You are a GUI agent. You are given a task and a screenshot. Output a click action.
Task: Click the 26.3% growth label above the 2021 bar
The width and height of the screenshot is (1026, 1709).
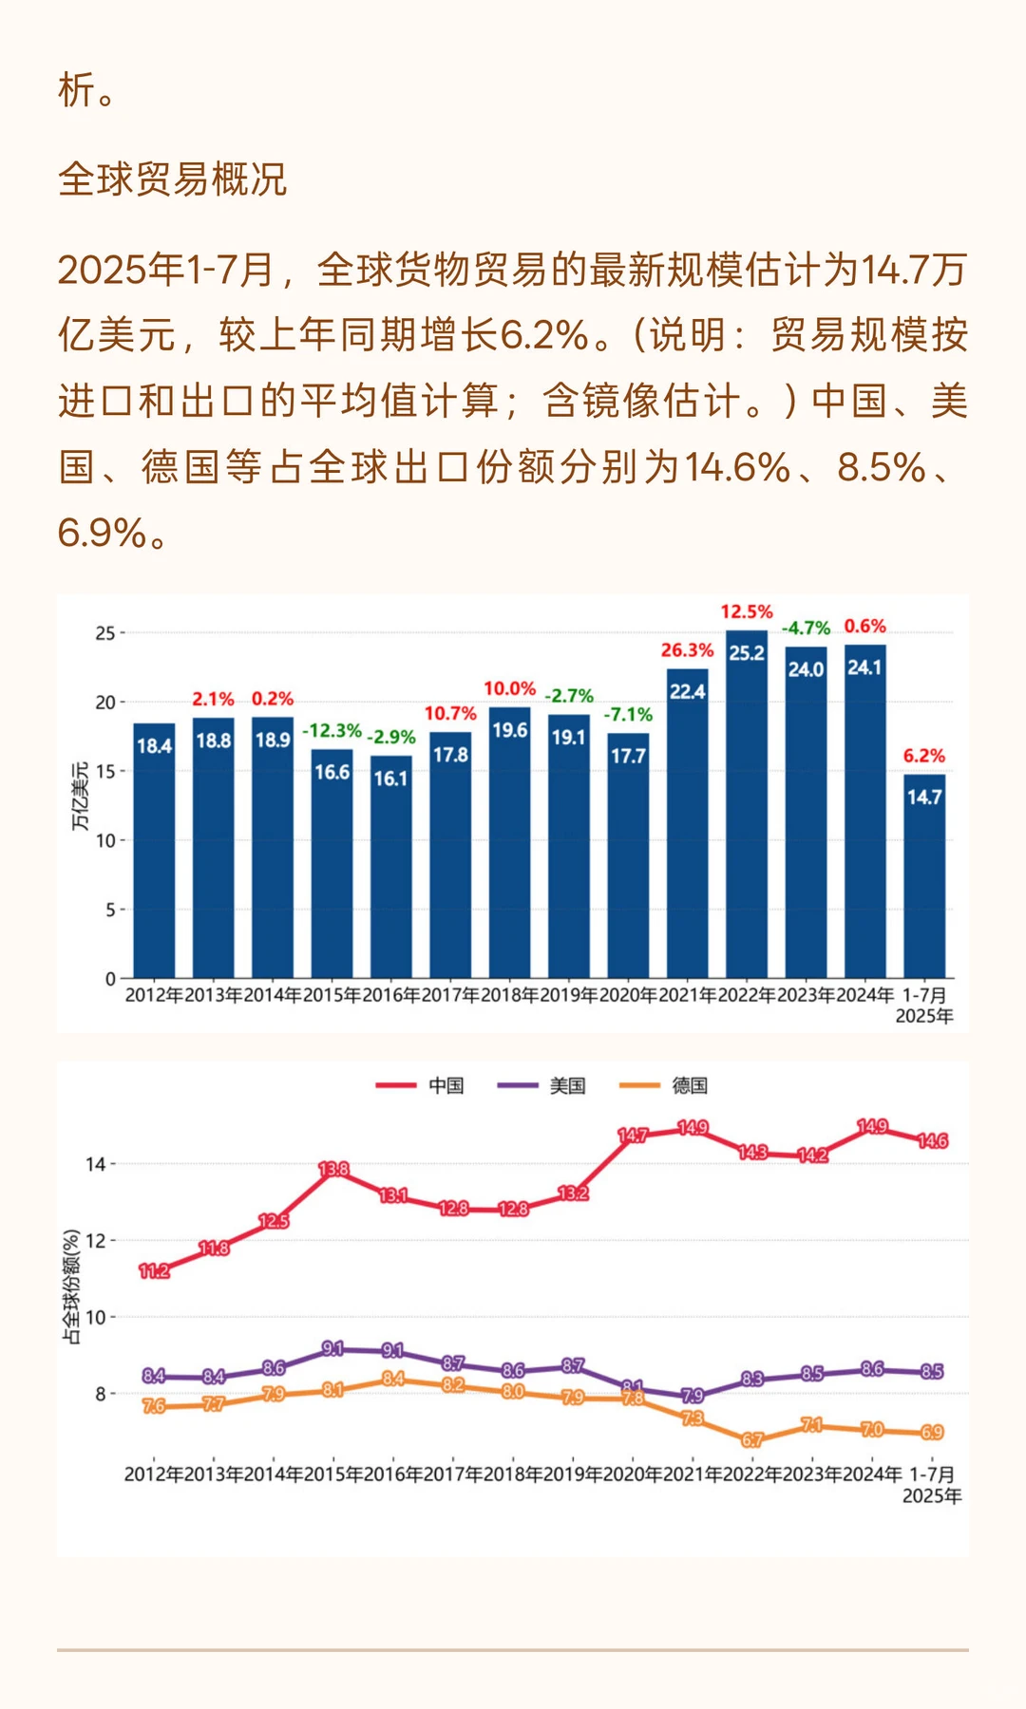(687, 650)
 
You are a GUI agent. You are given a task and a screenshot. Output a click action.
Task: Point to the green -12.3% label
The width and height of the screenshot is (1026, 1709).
(332, 730)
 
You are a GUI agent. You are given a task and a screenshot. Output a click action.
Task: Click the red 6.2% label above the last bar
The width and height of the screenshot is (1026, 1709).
(923, 756)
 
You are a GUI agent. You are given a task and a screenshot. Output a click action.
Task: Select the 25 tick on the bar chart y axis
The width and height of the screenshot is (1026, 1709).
(104, 633)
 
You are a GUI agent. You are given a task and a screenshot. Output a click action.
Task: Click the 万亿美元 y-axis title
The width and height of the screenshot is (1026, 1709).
(81, 796)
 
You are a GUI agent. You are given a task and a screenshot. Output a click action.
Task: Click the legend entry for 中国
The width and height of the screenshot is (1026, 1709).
(421, 1085)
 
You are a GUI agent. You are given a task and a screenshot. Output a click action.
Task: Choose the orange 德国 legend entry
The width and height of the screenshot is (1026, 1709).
(664, 1085)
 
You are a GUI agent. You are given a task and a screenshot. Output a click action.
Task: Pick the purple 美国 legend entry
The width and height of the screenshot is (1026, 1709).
(542, 1085)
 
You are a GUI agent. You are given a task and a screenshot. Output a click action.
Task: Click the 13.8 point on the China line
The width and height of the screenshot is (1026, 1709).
(333, 1170)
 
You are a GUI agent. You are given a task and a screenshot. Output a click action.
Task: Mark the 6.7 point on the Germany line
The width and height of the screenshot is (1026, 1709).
(752, 1440)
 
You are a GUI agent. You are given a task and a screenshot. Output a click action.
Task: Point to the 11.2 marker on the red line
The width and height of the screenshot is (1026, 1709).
(154, 1271)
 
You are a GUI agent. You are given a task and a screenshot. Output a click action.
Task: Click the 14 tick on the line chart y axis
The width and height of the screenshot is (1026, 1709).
(95, 1164)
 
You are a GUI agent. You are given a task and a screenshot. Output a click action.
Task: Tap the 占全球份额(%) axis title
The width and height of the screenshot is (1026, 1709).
(71, 1286)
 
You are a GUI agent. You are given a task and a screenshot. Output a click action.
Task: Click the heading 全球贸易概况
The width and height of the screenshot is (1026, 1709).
(172, 179)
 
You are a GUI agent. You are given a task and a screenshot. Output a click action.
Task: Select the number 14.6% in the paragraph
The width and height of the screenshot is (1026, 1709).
(737, 467)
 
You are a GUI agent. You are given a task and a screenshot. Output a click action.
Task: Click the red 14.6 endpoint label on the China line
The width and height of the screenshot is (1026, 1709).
(933, 1140)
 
